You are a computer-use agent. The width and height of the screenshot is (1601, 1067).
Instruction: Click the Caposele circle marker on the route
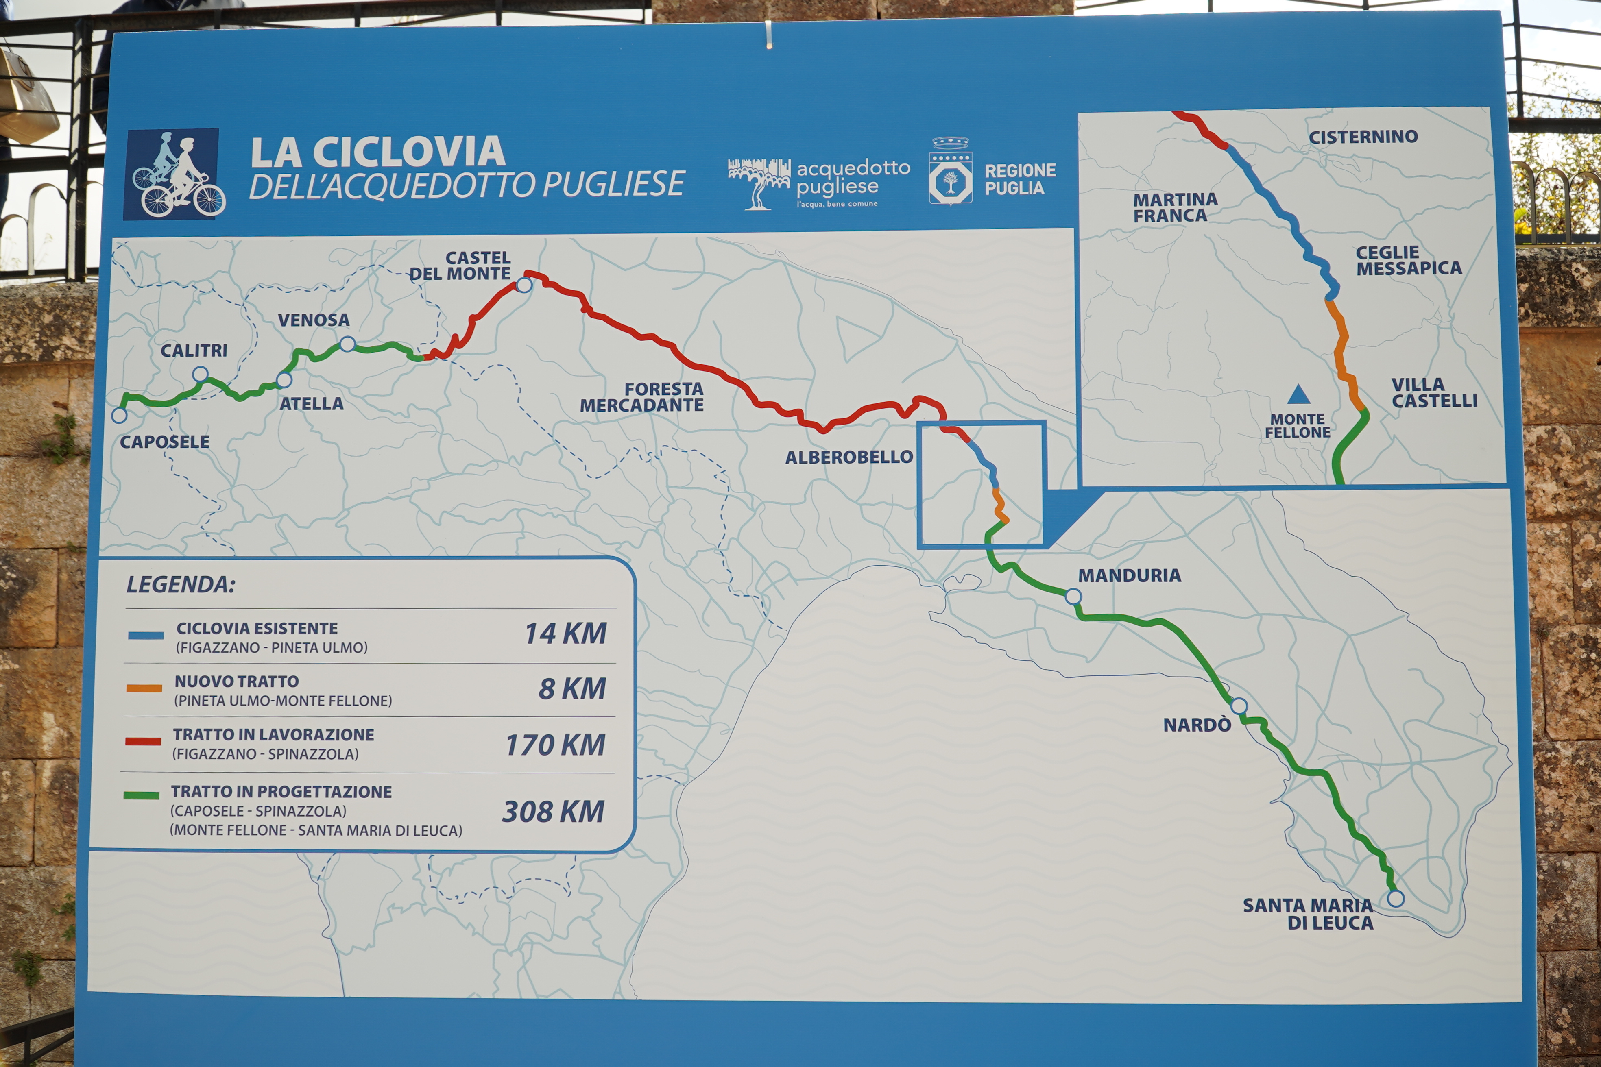tap(119, 414)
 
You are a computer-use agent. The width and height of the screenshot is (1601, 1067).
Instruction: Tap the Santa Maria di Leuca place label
tap(1308, 914)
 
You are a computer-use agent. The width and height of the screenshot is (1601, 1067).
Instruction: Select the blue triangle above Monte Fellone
tap(1299, 394)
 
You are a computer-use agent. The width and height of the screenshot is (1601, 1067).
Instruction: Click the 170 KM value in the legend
tap(555, 745)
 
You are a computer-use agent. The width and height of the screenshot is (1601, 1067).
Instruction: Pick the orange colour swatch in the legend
tap(144, 688)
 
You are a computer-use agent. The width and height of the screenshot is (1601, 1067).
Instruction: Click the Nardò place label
tap(1197, 725)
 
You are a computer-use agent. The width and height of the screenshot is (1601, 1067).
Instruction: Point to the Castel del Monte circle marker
tap(523, 285)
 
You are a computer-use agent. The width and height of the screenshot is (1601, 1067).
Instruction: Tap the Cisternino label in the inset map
tap(1363, 137)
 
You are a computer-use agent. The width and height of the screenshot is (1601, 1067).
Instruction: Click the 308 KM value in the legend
tap(553, 812)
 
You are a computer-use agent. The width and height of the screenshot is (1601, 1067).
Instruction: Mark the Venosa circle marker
tap(347, 344)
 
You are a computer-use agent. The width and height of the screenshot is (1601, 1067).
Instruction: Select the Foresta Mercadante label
tap(642, 397)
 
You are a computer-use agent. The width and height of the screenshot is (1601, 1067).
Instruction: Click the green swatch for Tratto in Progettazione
tap(142, 795)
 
